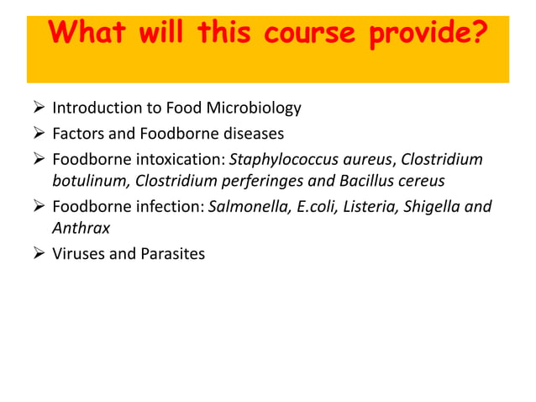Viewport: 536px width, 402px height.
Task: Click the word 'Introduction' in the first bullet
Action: (x=93, y=108)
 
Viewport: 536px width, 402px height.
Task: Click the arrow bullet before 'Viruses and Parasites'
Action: (x=36, y=253)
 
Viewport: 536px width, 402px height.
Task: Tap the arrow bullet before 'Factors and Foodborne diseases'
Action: (x=36, y=133)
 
